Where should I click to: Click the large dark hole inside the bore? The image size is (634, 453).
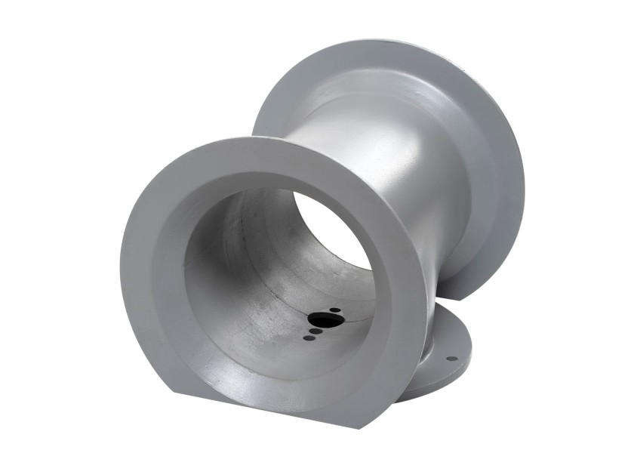click(x=326, y=319)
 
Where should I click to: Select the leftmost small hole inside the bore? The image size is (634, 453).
click(x=306, y=337)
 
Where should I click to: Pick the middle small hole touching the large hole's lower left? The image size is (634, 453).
click(x=314, y=329)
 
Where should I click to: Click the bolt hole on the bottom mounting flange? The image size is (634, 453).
click(x=451, y=358)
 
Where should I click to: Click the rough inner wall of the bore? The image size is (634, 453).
click(x=249, y=302)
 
